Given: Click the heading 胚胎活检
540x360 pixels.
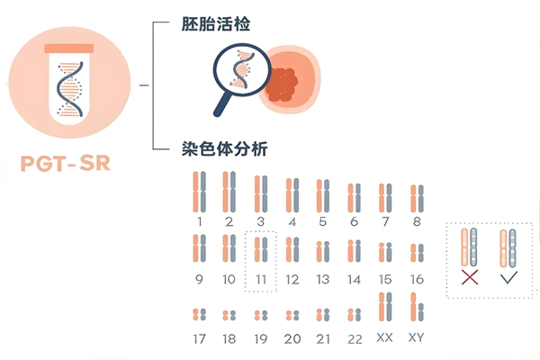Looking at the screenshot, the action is [216, 24].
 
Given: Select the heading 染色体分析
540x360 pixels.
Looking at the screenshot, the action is [224, 148].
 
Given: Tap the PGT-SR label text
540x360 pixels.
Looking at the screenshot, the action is [66, 163].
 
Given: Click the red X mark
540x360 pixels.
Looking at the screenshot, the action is [470, 277].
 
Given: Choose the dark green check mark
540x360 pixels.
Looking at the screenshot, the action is [509, 277].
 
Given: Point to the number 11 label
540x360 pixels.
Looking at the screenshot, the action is [261, 279].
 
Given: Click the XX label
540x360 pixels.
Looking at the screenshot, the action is [384, 337].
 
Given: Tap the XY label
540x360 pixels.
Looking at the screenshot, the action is [417, 337].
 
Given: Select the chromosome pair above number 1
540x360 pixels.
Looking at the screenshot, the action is [200, 192].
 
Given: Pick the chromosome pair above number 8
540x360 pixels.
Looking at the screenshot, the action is [417, 198].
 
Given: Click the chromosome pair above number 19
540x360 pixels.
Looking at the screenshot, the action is [261, 315].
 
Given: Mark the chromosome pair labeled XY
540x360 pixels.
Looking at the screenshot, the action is [417, 307].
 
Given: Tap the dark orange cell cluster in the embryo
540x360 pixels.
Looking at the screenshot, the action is [282, 85].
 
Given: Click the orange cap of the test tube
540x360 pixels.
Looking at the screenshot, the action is [69, 49].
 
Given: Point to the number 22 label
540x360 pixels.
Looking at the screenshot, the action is [355, 339].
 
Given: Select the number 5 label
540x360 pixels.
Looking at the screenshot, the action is [323, 221].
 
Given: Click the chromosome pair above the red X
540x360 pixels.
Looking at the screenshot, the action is [469, 247].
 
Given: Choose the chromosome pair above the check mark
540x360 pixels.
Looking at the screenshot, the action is [508, 248].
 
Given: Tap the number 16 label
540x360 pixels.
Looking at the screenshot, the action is [417, 279].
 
